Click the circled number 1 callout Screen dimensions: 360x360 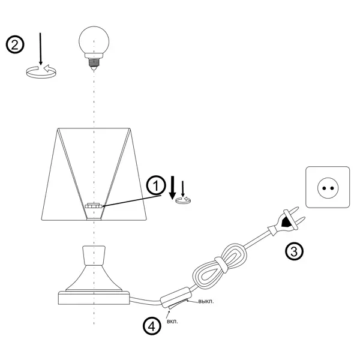[156, 185]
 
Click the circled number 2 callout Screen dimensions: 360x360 [15, 44]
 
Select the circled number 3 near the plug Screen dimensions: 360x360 [294, 251]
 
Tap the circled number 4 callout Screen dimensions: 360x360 [152, 326]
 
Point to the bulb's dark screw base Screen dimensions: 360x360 [94, 62]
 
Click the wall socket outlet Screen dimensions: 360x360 [328, 187]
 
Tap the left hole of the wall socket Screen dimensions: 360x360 [324, 188]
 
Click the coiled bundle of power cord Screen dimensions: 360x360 [219, 266]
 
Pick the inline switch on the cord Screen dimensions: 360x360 [176, 298]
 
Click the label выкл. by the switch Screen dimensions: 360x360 [206, 301]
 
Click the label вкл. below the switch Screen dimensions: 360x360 [172, 322]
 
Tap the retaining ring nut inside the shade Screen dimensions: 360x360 [94, 206]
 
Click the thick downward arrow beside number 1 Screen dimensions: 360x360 [173, 188]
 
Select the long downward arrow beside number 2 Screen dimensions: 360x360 [40, 49]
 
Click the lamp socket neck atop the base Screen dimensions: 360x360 [94, 256]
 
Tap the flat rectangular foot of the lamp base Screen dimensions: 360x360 [94, 298]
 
